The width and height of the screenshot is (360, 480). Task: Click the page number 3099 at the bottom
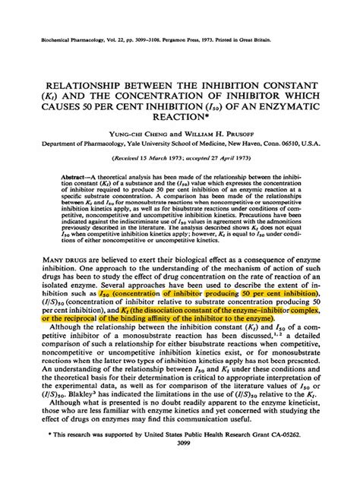[180, 466]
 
